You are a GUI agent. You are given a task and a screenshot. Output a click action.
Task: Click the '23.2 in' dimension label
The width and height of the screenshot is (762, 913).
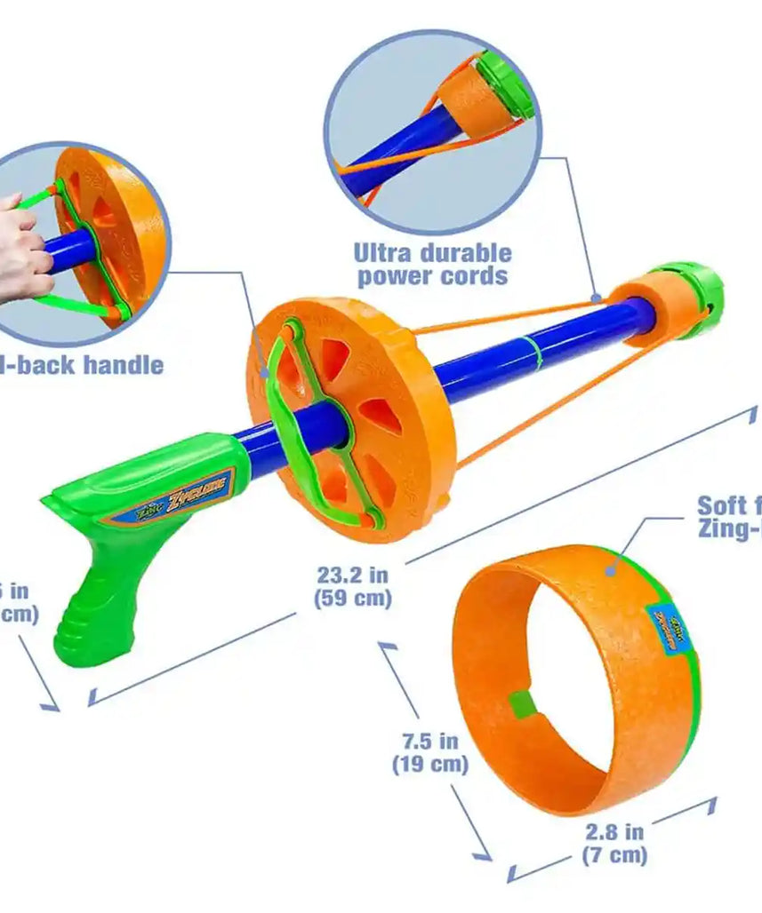pyautogui.click(x=353, y=575)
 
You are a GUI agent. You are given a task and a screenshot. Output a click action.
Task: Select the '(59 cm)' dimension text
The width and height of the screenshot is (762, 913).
pyautogui.click(x=353, y=598)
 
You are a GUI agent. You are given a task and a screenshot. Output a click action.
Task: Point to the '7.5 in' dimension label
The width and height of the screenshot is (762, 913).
pyautogui.click(x=429, y=740)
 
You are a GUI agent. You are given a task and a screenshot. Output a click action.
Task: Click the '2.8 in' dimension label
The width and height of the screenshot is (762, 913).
pyautogui.click(x=614, y=832)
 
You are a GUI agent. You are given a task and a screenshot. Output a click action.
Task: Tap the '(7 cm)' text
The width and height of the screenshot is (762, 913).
pyautogui.click(x=614, y=855)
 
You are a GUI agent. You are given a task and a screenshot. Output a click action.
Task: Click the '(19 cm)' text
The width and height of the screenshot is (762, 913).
pyautogui.click(x=429, y=764)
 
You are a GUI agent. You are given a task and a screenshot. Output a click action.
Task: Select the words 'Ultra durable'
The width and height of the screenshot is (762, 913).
pyautogui.click(x=432, y=252)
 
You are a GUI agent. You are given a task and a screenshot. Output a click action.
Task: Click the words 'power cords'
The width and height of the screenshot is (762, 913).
pyautogui.click(x=432, y=276)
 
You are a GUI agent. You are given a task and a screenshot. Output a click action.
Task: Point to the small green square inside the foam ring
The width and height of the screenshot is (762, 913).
pyautogui.click(x=520, y=705)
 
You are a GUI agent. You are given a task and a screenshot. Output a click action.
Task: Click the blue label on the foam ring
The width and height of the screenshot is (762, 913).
pyautogui.click(x=668, y=628)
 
